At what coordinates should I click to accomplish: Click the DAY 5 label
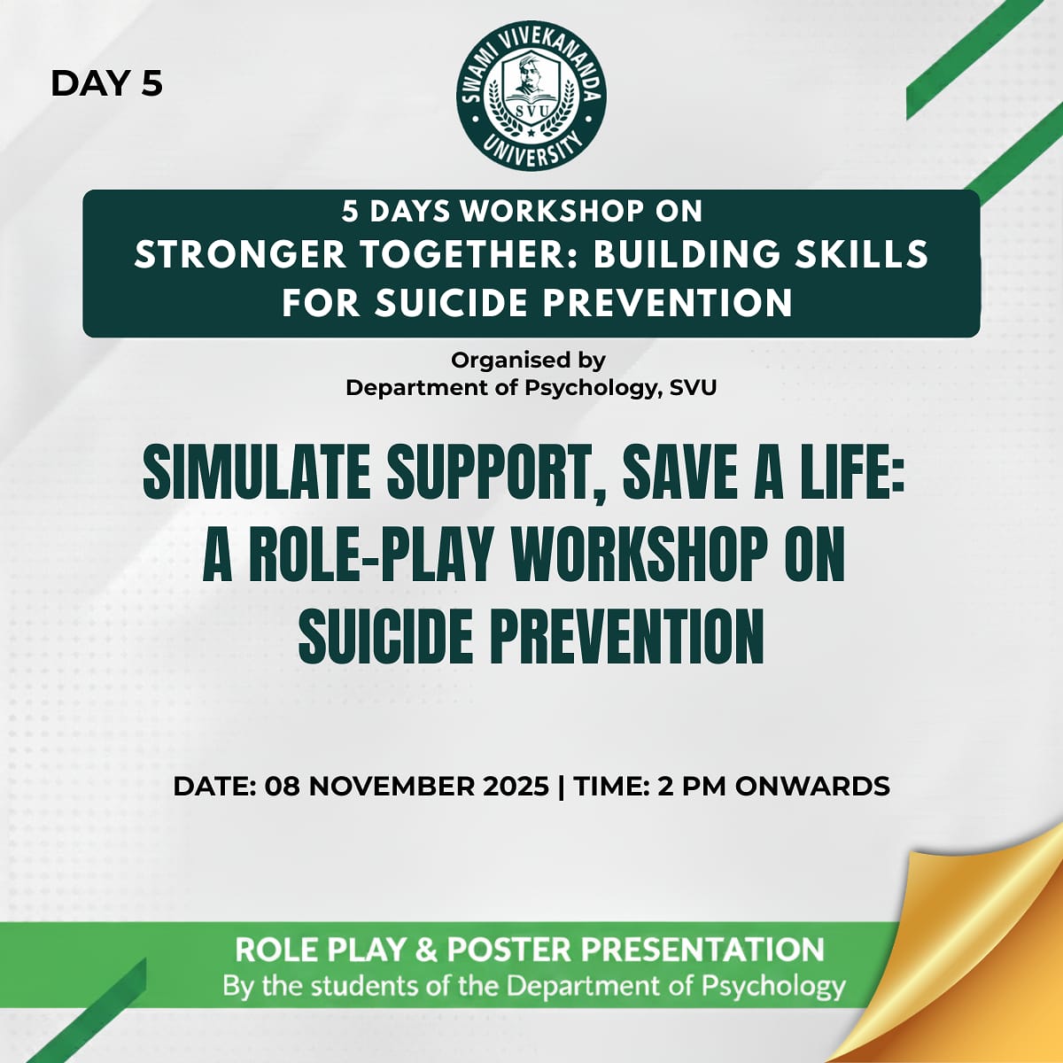pyautogui.click(x=106, y=84)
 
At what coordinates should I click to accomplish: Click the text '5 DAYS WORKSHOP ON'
pyautogui.click(x=522, y=212)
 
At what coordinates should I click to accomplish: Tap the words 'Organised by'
pyautogui.click(x=529, y=361)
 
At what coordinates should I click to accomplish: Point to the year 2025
pyautogui.click(x=516, y=786)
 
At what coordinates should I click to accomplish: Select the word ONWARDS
pyautogui.click(x=812, y=786)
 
